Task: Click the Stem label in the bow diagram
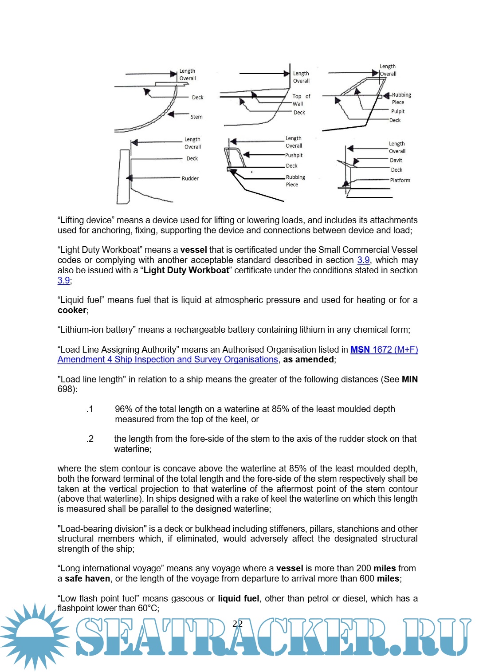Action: (196, 117)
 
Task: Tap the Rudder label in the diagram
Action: (190, 179)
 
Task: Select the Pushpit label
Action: (294, 156)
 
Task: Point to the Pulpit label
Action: (398, 112)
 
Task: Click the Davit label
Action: (396, 161)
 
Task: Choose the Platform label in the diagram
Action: (400, 181)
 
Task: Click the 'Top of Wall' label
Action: (301, 100)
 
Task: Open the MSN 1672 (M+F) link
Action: (384, 350)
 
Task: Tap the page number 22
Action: (238, 624)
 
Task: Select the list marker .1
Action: (90, 409)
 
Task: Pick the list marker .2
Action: (90, 439)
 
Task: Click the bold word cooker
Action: (72, 310)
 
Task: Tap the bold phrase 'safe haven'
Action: (87, 578)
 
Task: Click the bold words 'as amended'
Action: (308, 359)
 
